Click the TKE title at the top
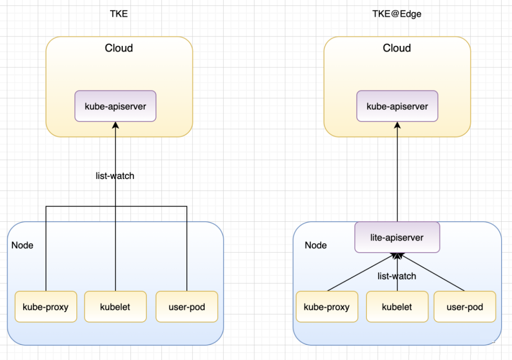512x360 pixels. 119,14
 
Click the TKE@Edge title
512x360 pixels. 397,14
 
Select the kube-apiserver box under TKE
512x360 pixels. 115,106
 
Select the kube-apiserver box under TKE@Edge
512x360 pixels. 397,106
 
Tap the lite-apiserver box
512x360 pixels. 397,237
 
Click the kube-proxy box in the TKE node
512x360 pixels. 46,306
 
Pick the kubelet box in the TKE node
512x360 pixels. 115,306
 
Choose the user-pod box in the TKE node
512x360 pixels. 187,306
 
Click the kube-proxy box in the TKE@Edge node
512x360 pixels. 327,306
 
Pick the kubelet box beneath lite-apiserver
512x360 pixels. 397,306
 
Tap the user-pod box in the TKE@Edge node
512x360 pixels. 465,306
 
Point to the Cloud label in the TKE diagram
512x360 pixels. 119,48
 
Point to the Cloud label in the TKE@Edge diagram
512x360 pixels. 397,48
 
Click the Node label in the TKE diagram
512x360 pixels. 22,245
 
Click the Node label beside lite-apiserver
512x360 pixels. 316,245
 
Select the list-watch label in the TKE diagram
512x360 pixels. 115,176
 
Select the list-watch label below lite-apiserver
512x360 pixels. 397,276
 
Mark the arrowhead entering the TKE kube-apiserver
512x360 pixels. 115,125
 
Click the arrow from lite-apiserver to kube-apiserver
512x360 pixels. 397,171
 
